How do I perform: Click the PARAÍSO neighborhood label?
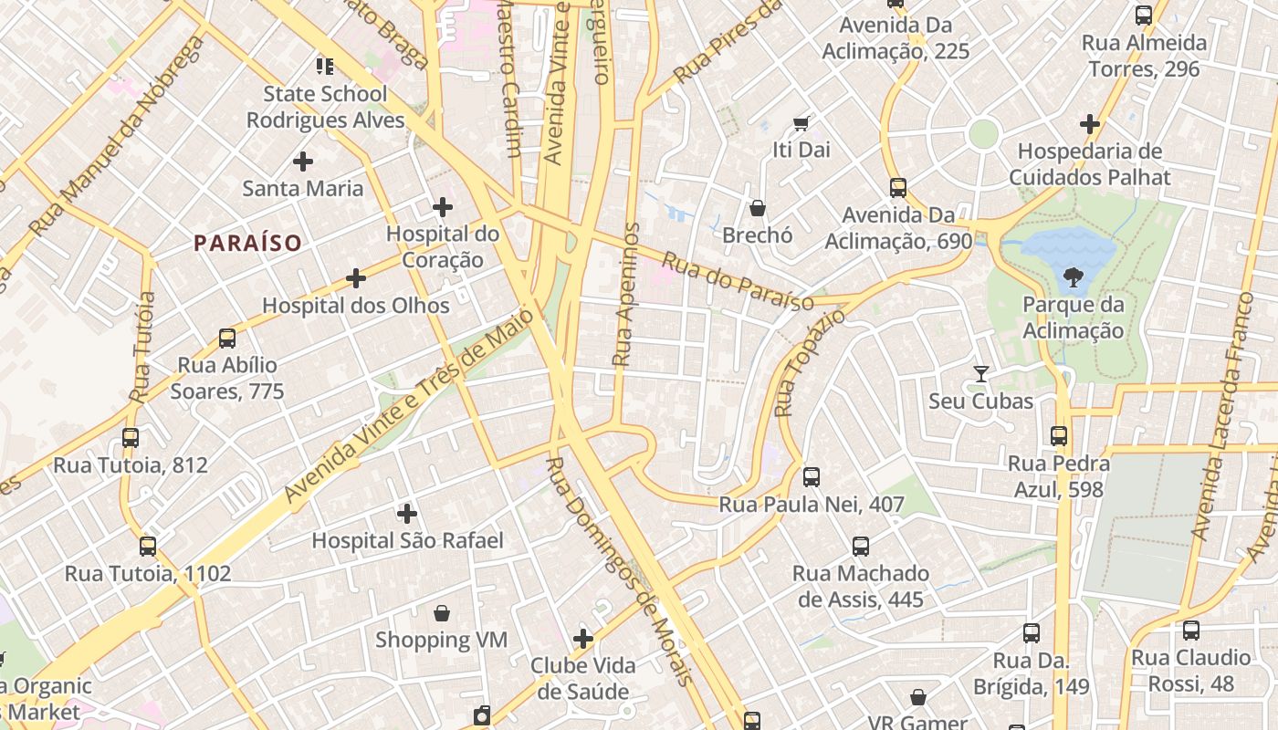click(x=247, y=243)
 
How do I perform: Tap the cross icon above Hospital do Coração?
click(x=443, y=207)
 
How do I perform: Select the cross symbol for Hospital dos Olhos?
click(x=356, y=278)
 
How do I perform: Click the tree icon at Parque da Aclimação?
click(x=1074, y=276)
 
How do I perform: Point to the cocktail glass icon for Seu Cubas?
click(x=981, y=373)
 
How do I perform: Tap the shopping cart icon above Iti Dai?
click(x=801, y=122)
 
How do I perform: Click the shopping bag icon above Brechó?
click(x=757, y=208)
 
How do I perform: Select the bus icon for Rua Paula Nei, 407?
click(x=811, y=476)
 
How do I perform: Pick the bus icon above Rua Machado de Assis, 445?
click(x=861, y=547)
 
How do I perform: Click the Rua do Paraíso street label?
click(x=738, y=283)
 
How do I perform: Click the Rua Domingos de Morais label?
click(x=620, y=570)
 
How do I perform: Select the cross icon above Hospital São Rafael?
click(x=407, y=514)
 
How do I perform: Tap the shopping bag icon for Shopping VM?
click(x=442, y=612)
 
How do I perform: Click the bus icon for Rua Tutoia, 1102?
click(x=148, y=547)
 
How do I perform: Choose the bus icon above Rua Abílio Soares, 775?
click(x=227, y=339)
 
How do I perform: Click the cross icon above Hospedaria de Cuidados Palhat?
click(x=1089, y=123)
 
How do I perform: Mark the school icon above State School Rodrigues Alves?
click(x=325, y=66)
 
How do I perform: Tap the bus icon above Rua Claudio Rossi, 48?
click(x=1190, y=630)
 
